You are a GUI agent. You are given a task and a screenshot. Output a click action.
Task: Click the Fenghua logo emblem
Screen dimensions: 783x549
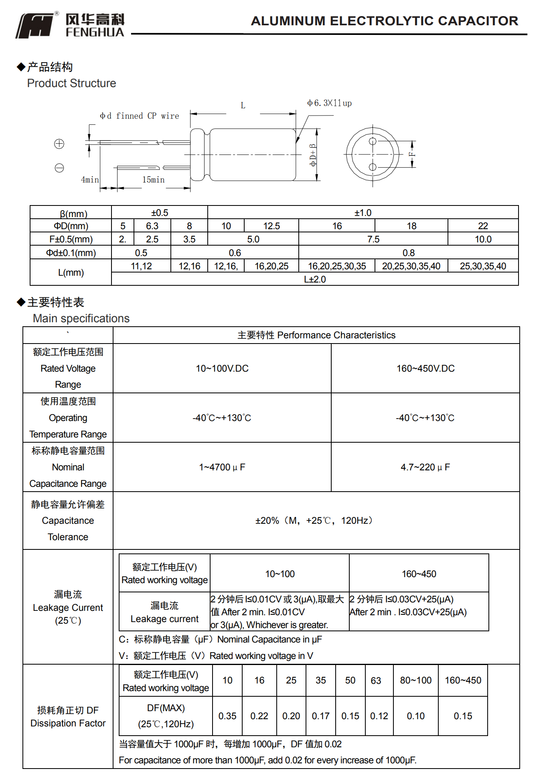pos(35,25)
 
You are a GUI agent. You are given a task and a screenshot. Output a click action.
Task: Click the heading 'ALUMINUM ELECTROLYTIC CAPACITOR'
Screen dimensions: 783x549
pos(384,21)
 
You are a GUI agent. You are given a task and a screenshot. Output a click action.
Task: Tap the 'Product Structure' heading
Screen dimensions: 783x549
pos(71,83)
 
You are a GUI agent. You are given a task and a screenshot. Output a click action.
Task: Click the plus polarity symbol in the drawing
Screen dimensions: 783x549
pos(59,144)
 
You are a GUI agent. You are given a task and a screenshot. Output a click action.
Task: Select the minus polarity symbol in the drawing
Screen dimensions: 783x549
pos(59,168)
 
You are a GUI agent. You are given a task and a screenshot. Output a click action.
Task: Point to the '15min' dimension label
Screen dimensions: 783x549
pos(153,179)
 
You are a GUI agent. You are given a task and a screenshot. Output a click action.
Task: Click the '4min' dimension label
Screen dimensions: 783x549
pos(90,179)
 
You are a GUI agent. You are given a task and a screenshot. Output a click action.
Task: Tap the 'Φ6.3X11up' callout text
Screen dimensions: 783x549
pos(329,103)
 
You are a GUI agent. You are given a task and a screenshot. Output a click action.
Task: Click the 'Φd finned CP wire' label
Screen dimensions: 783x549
pos(139,116)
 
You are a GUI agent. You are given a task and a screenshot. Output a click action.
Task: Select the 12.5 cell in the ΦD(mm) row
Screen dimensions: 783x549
pos(271,226)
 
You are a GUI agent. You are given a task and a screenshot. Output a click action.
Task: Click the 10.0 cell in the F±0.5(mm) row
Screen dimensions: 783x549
pos(483,239)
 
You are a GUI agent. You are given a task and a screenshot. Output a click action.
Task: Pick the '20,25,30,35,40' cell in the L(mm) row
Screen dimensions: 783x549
pos(411,266)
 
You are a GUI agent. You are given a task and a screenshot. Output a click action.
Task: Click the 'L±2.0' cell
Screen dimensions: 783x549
pos(315,279)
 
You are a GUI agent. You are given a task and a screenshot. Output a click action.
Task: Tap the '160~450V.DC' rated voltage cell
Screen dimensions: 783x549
pos(425,368)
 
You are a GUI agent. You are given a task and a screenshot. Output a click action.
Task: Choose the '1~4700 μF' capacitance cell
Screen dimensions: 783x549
pos(222,467)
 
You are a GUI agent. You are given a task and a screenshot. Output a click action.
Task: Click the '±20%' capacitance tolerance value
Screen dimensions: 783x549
pos(267,521)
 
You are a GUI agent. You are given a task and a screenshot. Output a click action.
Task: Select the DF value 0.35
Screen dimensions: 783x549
pos(227,716)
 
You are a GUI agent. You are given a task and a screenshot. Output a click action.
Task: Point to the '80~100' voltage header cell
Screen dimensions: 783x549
pos(415,680)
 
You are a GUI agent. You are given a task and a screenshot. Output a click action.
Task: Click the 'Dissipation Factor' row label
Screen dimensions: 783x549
pos(68,723)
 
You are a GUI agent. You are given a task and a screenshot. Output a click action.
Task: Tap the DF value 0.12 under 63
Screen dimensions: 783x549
pos(379,716)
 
